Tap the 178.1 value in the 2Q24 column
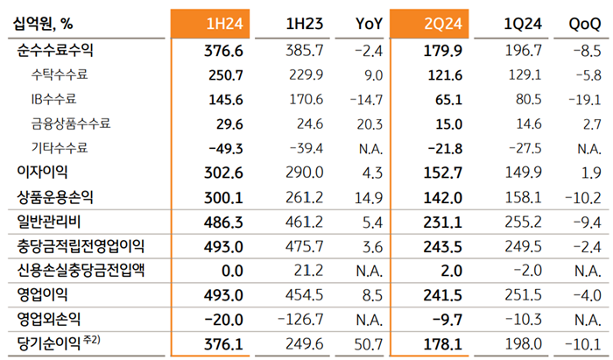point(446,342)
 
